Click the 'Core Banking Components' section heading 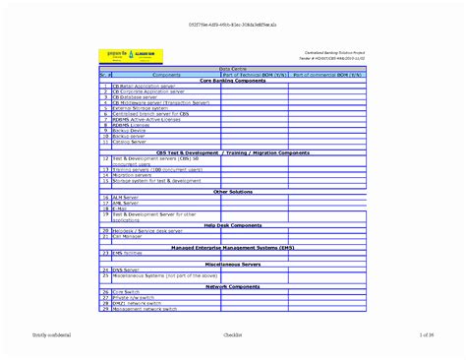coord(232,81)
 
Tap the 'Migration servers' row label coord(134,175)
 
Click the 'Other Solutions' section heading coord(232,192)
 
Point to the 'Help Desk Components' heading coord(232,225)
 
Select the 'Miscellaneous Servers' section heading coord(232,264)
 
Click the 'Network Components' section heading coord(232,286)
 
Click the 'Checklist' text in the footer coord(233,336)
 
